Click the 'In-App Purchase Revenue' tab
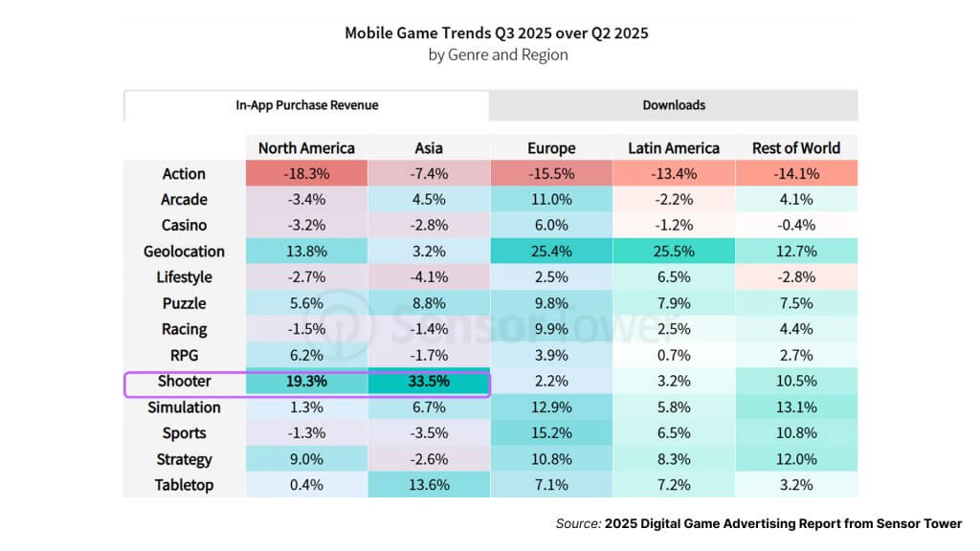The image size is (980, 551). (306, 105)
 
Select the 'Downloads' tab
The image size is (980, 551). (674, 105)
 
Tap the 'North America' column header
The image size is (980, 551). (306, 148)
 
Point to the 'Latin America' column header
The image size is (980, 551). (674, 148)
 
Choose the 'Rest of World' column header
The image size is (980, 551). (796, 148)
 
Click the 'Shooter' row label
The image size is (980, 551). (184, 382)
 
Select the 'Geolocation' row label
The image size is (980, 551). (184, 252)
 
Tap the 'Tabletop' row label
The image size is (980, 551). (184, 485)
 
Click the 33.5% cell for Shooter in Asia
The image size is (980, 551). (429, 382)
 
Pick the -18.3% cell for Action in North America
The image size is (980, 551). (306, 174)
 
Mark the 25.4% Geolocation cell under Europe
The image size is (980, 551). (551, 252)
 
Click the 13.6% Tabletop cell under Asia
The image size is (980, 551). (429, 485)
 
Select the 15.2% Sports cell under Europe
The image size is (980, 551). (551, 433)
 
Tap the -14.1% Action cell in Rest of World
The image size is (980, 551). (796, 174)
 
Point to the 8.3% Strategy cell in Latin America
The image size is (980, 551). (674, 459)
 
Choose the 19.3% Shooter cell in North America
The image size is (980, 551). (306, 382)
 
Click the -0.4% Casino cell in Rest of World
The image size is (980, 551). (796, 226)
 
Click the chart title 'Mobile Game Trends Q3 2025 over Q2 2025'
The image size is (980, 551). (497, 33)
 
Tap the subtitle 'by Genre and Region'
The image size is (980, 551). (498, 55)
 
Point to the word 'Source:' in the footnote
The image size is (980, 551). (578, 524)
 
